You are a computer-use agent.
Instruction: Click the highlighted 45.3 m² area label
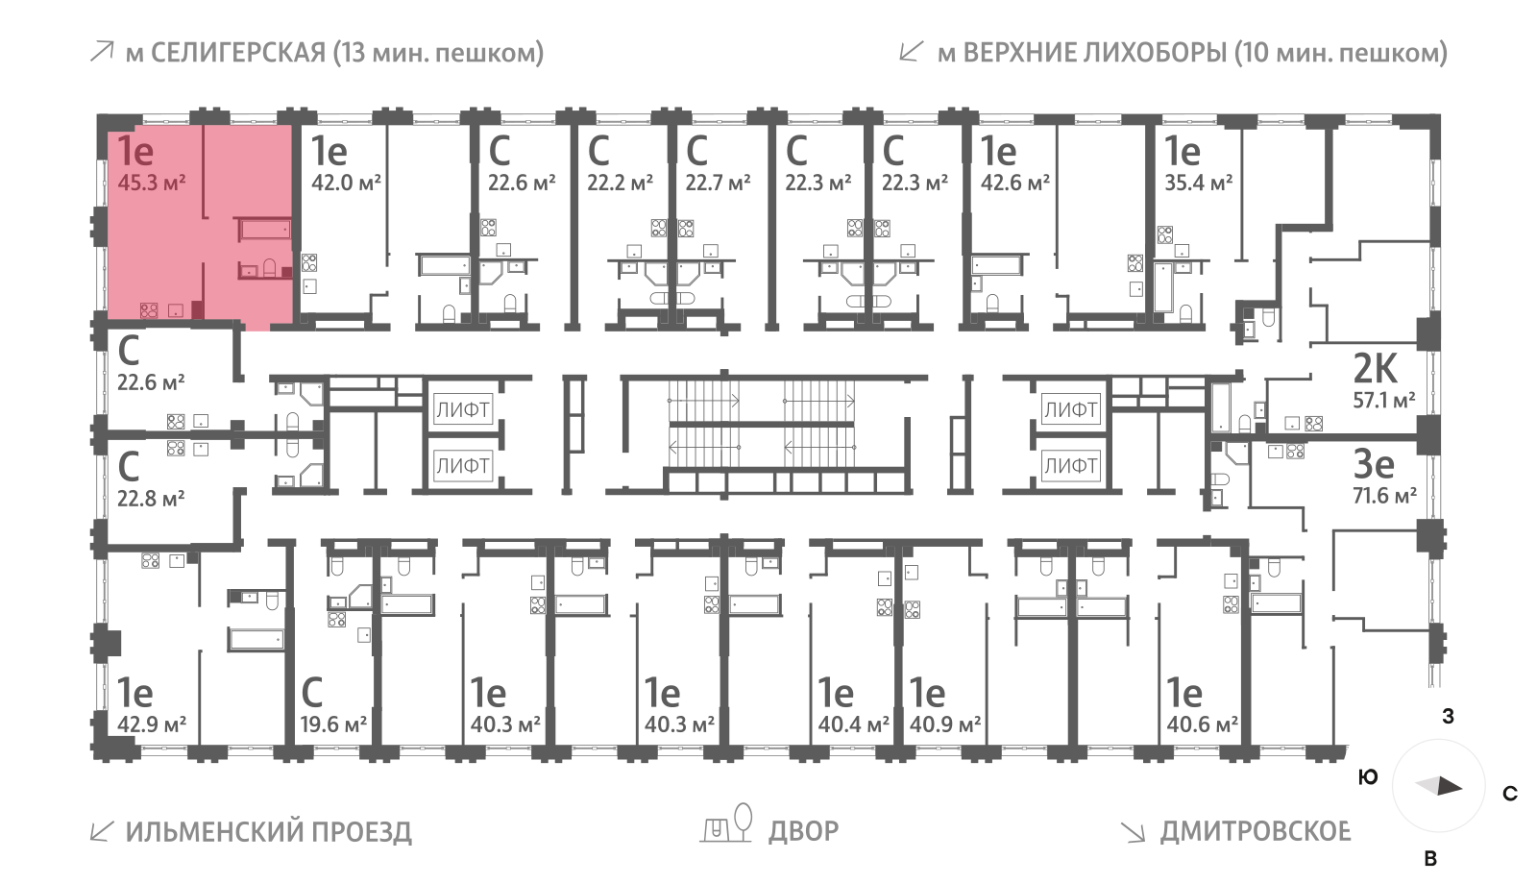pyautogui.click(x=152, y=182)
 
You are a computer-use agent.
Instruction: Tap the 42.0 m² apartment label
pyautogui.click(x=346, y=182)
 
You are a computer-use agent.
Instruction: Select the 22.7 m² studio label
pyautogui.click(x=718, y=182)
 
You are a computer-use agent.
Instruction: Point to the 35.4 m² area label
pyautogui.click(x=1198, y=182)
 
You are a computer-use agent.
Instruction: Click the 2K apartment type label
pyautogui.click(x=1375, y=368)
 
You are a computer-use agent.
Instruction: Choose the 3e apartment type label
pyautogui.click(x=1373, y=464)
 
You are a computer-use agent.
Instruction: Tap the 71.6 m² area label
pyautogui.click(x=1384, y=496)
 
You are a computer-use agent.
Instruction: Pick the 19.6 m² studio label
pyautogui.click(x=333, y=724)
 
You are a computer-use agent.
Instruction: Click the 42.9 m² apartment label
pyautogui.click(x=152, y=724)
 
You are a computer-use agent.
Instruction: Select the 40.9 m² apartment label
pyautogui.click(x=945, y=724)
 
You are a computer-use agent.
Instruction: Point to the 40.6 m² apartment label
pyautogui.click(x=1202, y=724)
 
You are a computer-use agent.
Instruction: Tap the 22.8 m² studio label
pyautogui.click(x=151, y=499)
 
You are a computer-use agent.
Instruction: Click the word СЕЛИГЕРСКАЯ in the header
pyautogui.click(x=238, y=52)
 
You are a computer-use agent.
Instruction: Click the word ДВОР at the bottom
pyautogui.click(x=803, y=830)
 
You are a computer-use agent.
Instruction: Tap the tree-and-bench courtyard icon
pyautogui.click(x=727, y=824)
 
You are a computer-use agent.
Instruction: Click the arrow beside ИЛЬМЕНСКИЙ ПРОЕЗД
pyautogui.click(x=101, y=831)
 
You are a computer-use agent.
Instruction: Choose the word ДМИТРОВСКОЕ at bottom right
pyautogui.click(x=1255, y=830)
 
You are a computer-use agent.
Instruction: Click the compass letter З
pyautogui.click(x=1448, y=716)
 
